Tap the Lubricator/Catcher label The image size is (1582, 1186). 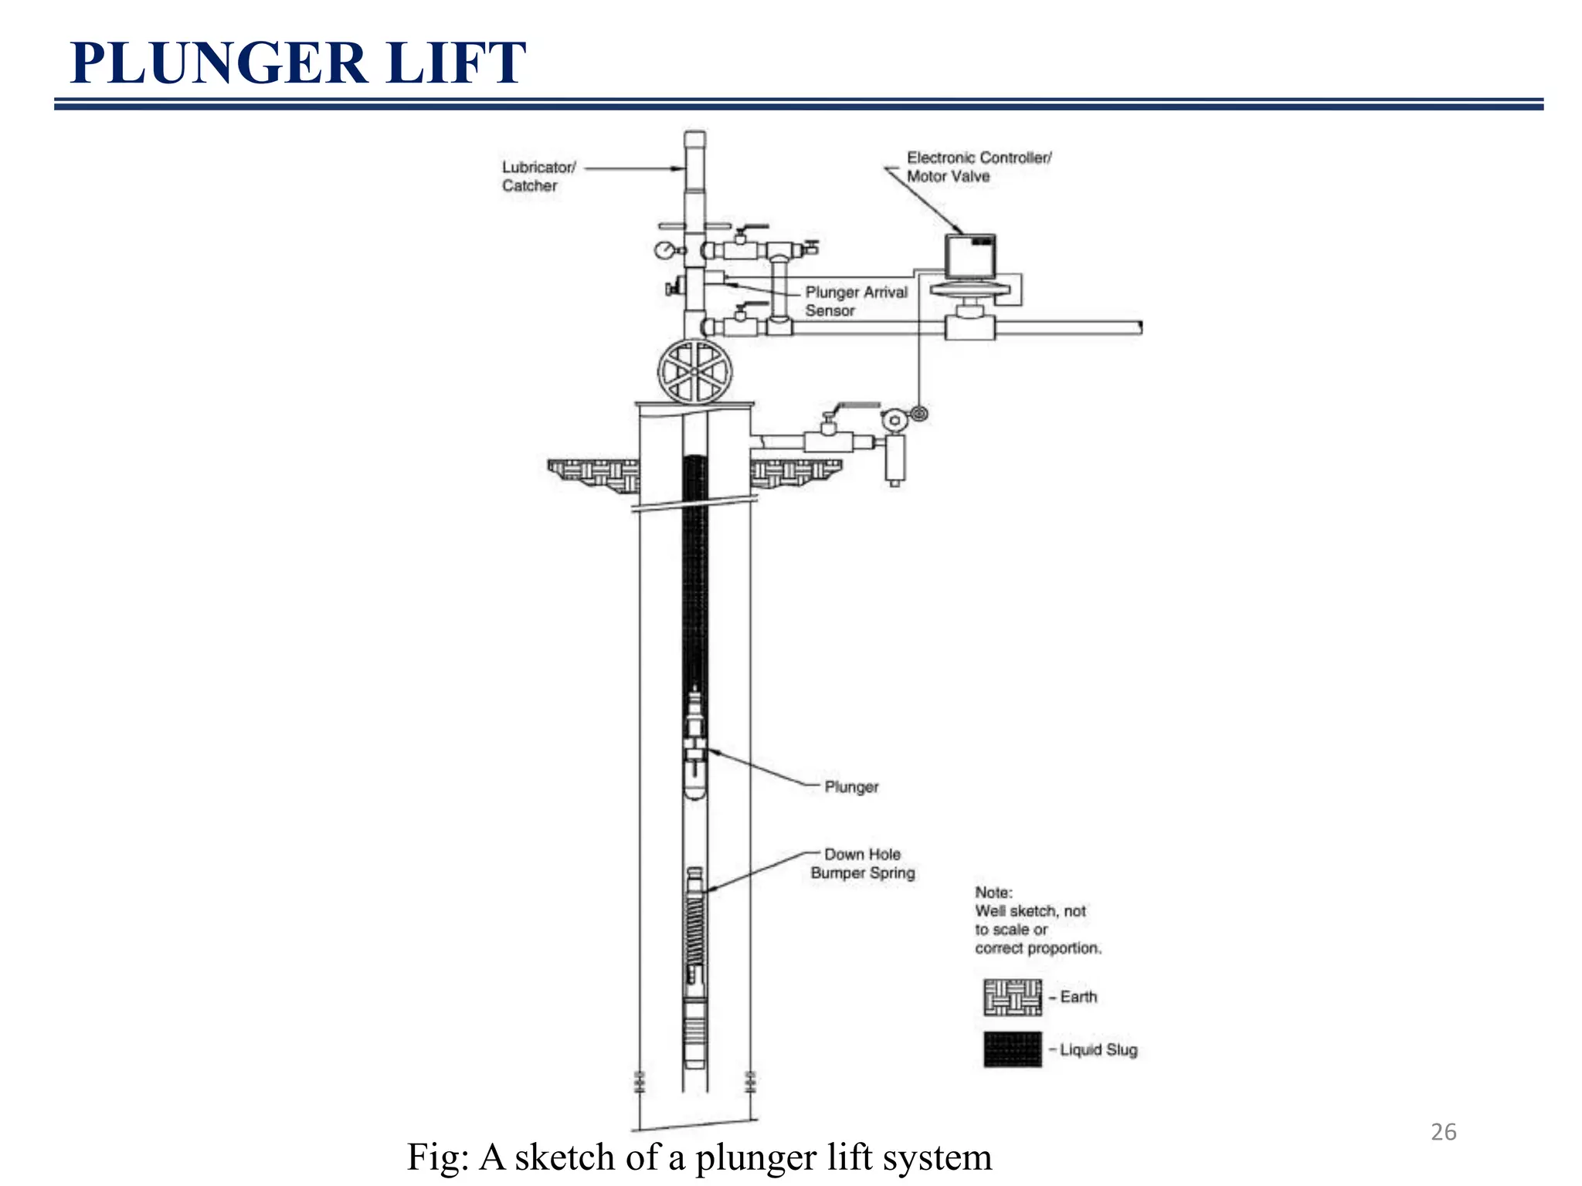point(538,176)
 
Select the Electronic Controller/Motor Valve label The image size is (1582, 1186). point(978,167)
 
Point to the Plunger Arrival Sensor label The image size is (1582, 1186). point(855,301)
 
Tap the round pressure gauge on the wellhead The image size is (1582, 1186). point(664,250)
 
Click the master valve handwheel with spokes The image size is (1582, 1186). point(694,371)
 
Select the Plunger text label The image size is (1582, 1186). point(850,787)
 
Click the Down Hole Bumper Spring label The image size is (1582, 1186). point(862,863)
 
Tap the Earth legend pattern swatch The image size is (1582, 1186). point(1012,997)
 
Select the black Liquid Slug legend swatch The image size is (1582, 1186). point(1012,1049)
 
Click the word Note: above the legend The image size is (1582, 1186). point(993,893)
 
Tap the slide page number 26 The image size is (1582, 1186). point(1443,1132)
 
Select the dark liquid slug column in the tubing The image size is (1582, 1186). point(694,571)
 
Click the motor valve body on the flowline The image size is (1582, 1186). point(970,324)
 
